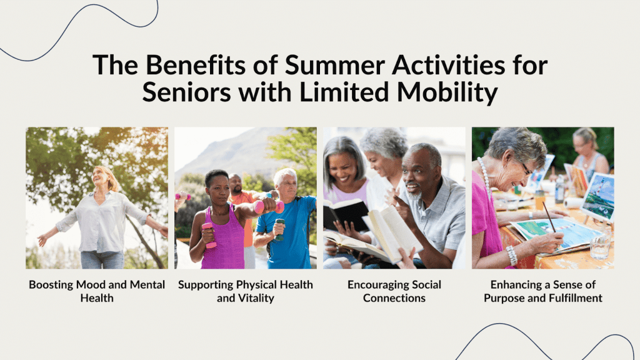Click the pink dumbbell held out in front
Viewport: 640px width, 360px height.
(x=269, y=207)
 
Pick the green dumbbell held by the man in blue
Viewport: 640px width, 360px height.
(x=279, y=229)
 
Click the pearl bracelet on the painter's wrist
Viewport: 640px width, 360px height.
(x=511, y=256)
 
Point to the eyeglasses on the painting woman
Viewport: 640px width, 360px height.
(x=526, y=169)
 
